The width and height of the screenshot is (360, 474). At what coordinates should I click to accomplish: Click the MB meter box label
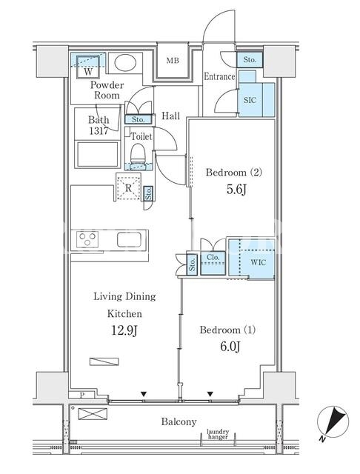[x=173, y=61]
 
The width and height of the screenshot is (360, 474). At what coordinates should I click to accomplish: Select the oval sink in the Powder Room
[x=125, y=63]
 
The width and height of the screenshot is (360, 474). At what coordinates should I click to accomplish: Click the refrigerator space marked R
[x=128, y=187]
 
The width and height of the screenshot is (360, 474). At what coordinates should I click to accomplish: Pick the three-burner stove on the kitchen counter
[x=87, y=239]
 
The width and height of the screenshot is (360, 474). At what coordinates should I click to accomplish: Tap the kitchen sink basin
[x=129, y=240]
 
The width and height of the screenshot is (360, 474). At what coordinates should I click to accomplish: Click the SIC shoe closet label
[x=250, y=100]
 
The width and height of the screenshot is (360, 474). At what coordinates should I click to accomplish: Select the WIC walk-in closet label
[x=258, y=262]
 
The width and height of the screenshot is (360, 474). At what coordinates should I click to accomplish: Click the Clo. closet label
[x=213, y=258]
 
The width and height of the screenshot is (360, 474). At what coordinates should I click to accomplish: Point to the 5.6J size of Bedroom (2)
[x=236, y=190]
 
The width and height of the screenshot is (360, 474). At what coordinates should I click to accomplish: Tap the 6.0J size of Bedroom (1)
[x=230, y=347]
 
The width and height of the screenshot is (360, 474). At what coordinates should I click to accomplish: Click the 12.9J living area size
[x=124, y=330]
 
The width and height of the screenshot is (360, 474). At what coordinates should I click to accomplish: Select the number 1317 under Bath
[x=99, y=131]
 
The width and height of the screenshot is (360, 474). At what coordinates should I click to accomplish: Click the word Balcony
[x=179, y=421]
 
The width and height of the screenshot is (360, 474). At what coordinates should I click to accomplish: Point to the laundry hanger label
[x=218, y=434]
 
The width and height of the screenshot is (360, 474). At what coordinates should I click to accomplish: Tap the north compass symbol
[x=333, y=422]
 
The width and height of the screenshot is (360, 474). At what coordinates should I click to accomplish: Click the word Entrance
[x=219, y=76]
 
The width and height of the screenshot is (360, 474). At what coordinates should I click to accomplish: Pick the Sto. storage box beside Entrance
[x=250, y=60]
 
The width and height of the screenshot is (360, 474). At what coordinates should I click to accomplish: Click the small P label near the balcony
[x=82, y=395]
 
